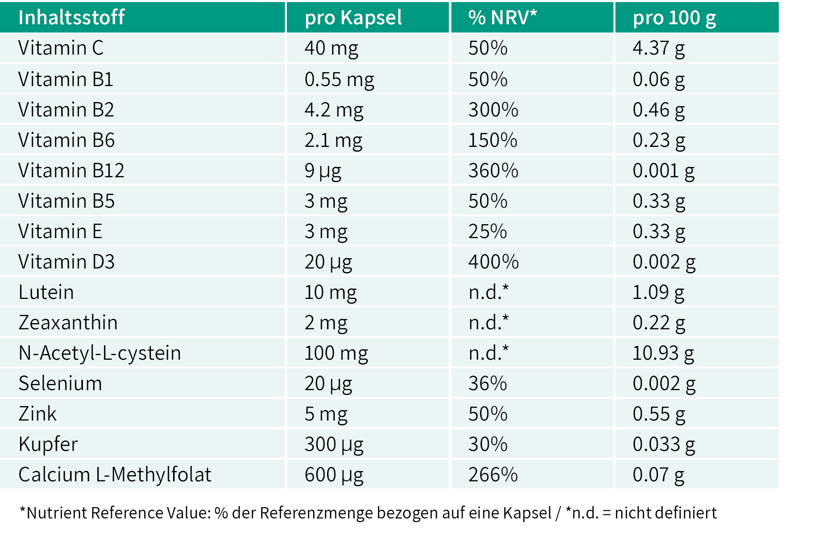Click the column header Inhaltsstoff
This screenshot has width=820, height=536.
72,17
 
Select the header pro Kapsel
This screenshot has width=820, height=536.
353,18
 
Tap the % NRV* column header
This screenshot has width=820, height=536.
503,17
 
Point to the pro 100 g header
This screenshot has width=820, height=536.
674,18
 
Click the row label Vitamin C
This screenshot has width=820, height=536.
61,47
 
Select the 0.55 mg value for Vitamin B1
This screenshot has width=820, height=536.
339,79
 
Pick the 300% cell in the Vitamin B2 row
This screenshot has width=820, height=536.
493,110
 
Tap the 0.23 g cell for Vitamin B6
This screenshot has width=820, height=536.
659,141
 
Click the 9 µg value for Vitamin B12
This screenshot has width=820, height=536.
323,171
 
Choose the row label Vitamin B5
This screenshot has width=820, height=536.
66,201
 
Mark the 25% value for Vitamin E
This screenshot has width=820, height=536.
488,231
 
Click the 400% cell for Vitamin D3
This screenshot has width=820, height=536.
493,262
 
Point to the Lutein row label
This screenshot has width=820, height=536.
46,292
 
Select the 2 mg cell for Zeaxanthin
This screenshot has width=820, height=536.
326,323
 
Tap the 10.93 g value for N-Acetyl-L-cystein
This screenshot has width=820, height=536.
663,354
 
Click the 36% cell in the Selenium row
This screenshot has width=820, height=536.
488,383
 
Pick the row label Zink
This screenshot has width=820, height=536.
37,414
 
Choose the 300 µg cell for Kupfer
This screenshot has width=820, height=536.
334,445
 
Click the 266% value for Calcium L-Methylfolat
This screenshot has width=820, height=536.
493,475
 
